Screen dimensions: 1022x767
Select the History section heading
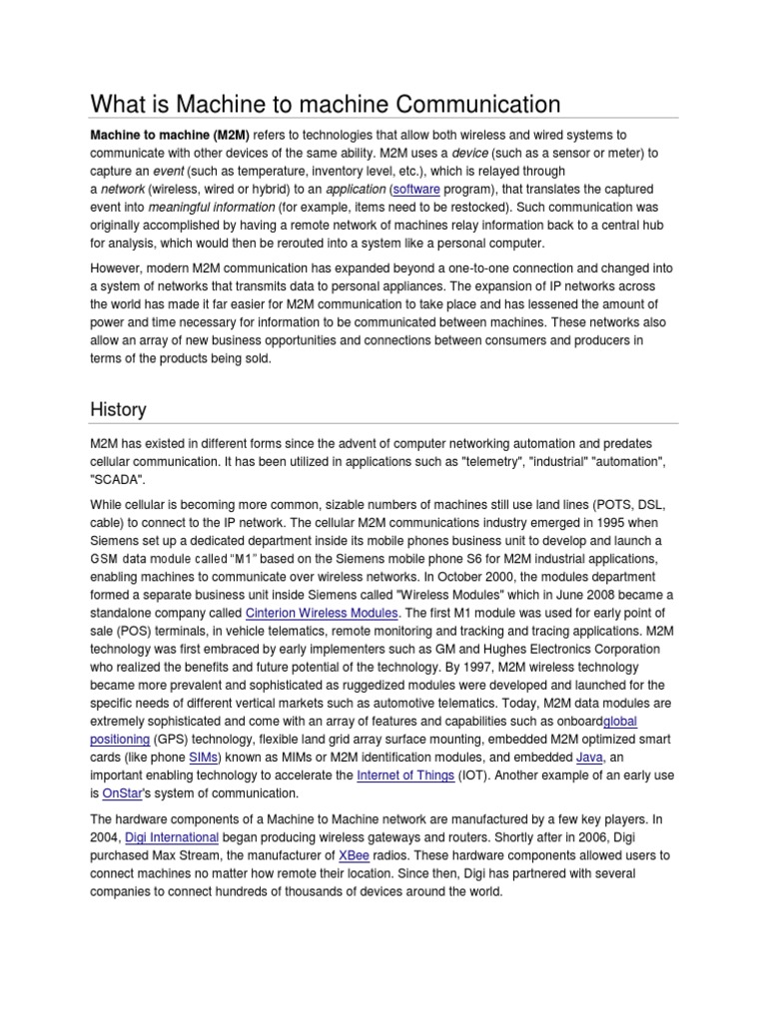(x=118, y=409)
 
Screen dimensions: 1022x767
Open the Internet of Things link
(x=406, y=774)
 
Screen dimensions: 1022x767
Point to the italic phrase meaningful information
(x=191, y=207)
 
